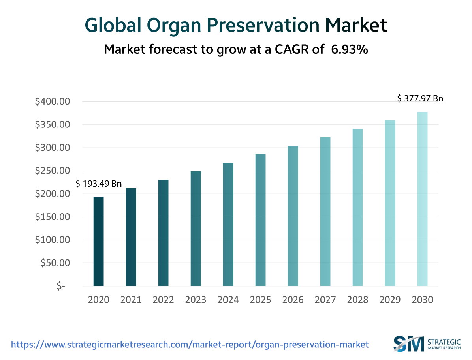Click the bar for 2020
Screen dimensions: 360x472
click(98, 241)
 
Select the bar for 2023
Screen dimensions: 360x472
click(196, 229)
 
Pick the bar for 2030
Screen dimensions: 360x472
click(422, 199)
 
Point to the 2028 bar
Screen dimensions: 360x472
click(357, 207)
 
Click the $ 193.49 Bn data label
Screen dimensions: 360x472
click(99, 184)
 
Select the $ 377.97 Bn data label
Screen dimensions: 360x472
click(420, 99)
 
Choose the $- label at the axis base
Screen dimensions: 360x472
click(60, 286)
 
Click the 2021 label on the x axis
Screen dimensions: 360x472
click(131, 300)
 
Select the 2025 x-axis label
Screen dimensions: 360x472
click(260, 300)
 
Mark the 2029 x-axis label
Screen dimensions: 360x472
click(390, 300)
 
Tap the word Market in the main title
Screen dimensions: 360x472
click(356, 26)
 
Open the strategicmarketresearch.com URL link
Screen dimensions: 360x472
click(190, 345)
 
